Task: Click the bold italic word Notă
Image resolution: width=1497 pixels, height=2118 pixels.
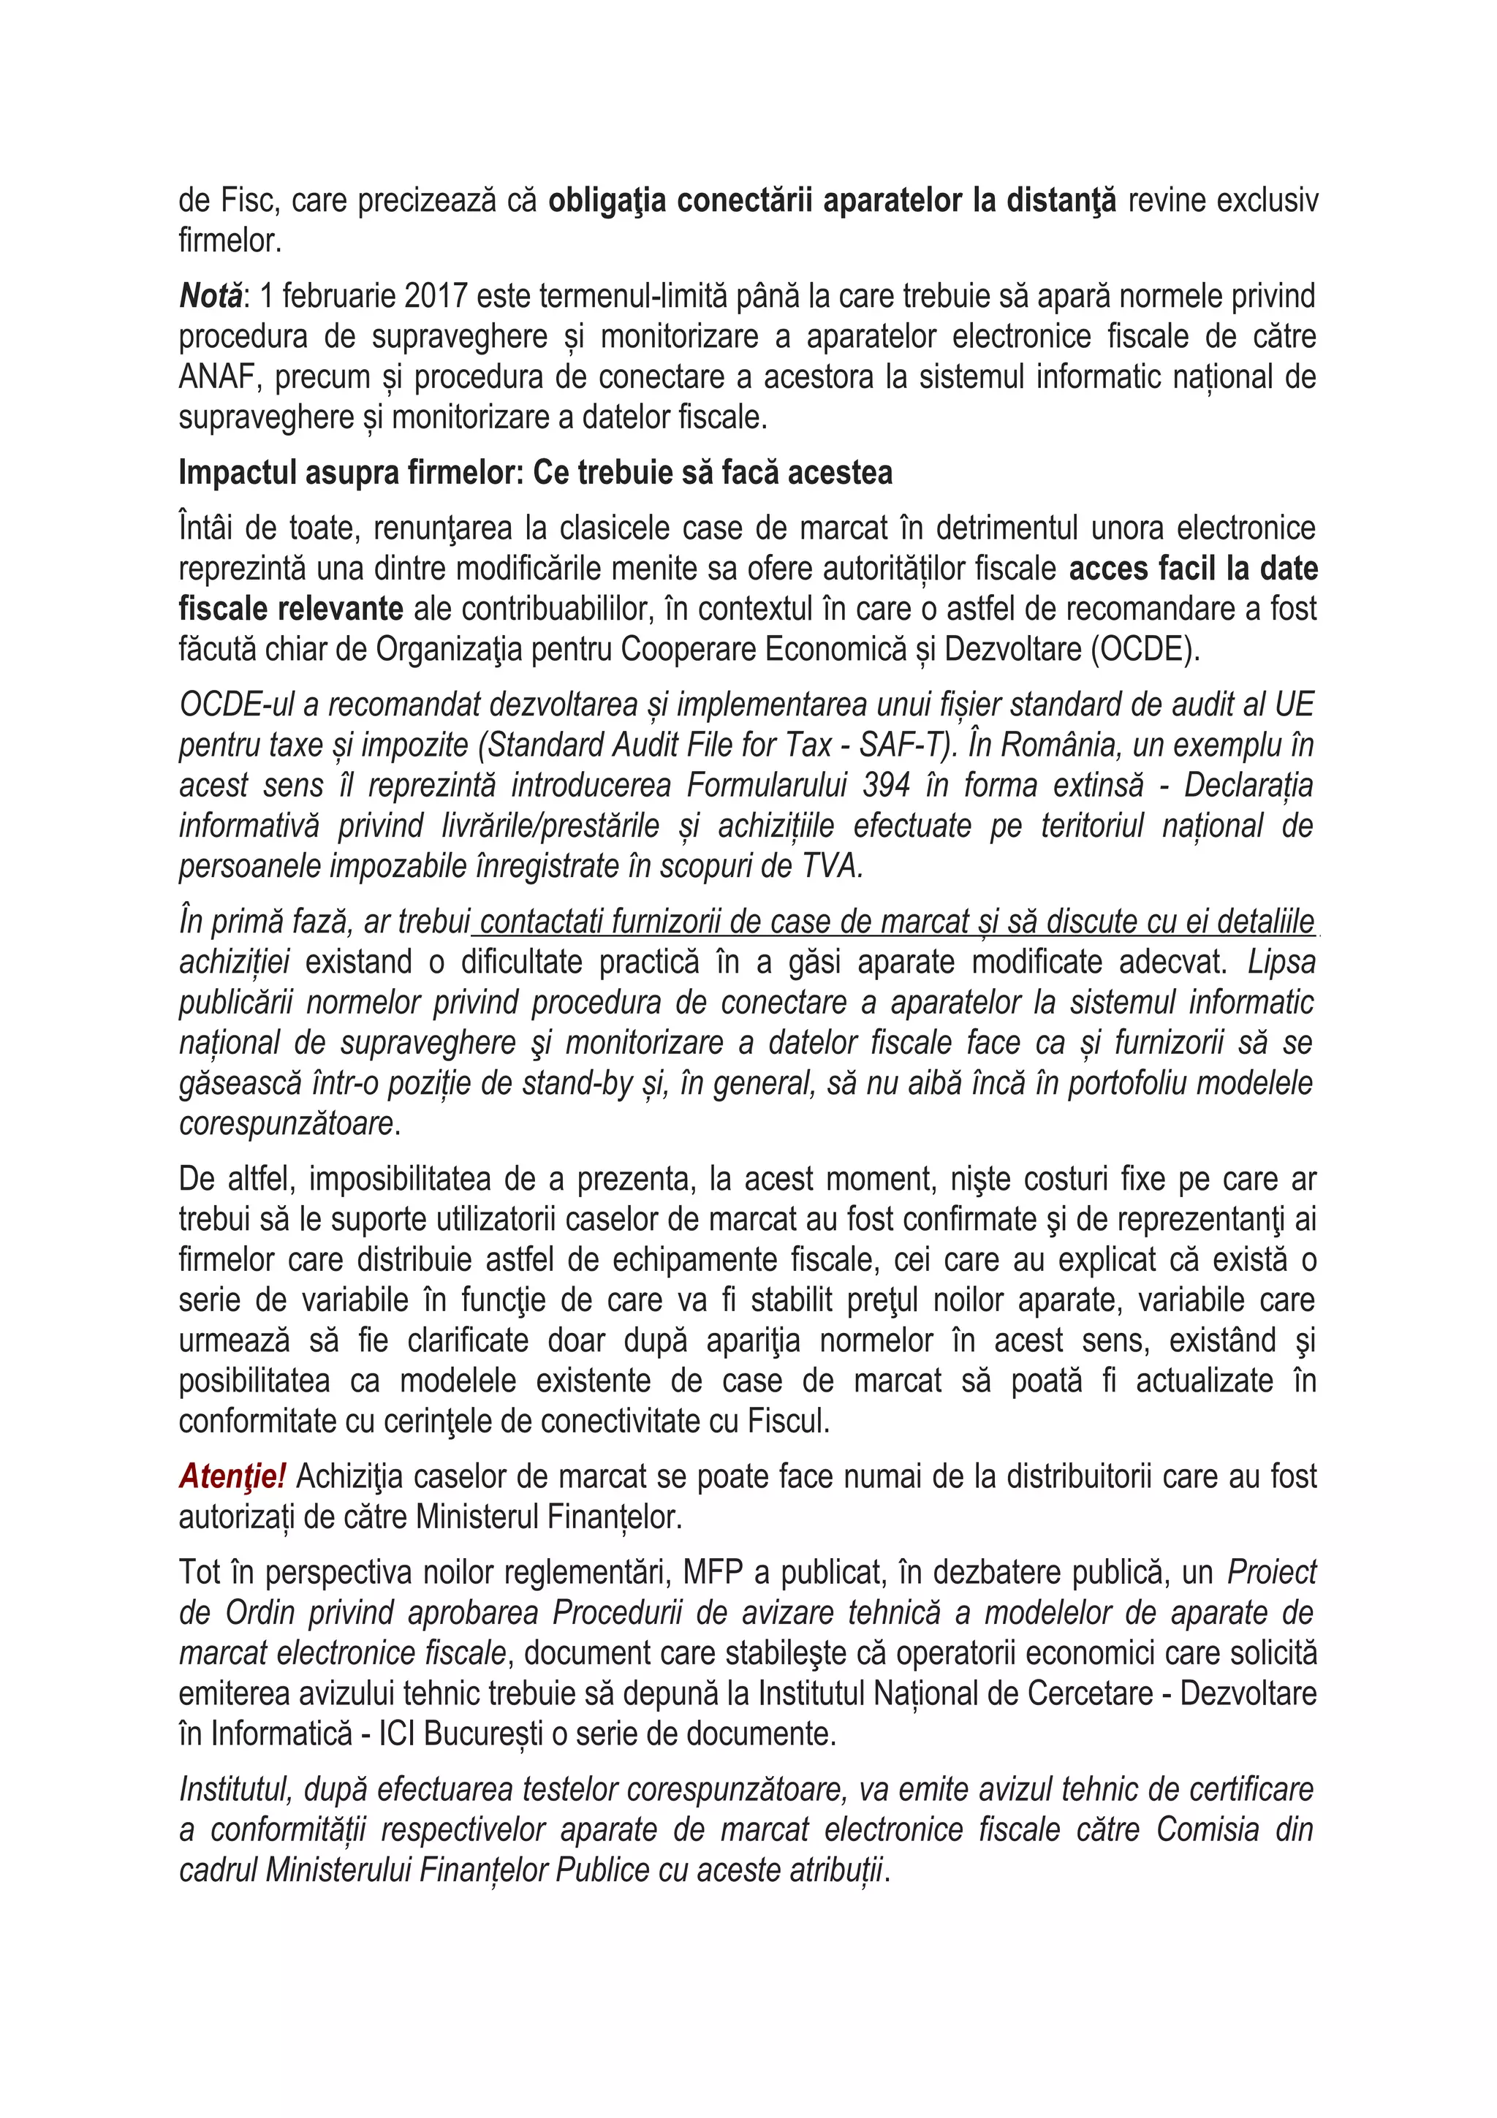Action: [x=211, y=296]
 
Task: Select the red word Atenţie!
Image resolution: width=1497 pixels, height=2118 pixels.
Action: [x=232, y=1476]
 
